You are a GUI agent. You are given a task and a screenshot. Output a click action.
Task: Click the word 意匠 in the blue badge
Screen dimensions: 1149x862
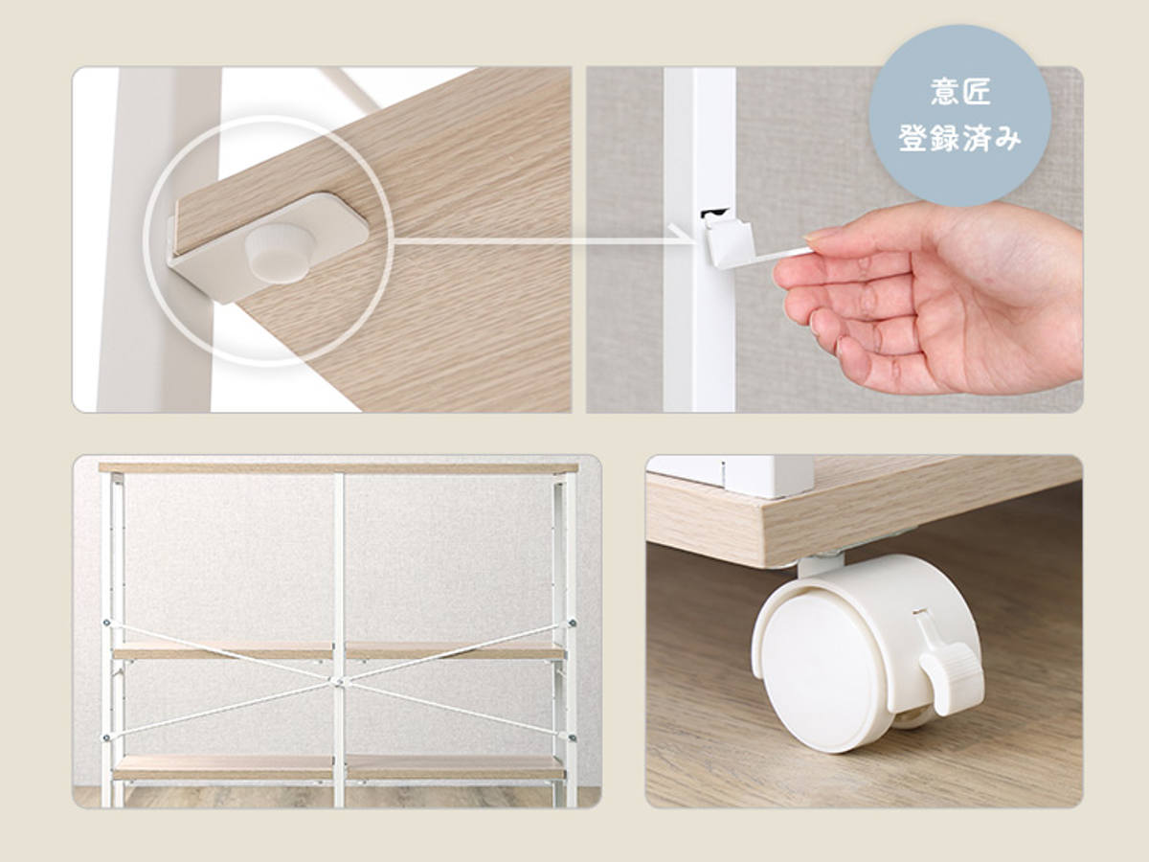[x=960, y=92]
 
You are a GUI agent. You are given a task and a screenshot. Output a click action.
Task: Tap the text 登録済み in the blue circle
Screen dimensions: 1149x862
[x=960, y=139]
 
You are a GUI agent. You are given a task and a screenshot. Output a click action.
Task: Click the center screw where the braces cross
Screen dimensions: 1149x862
[x=339, y=681]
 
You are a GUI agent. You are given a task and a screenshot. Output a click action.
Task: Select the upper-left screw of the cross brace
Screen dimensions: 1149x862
[x=107, y=623]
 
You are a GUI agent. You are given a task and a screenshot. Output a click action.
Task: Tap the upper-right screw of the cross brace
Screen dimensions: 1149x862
[x=573, y=623]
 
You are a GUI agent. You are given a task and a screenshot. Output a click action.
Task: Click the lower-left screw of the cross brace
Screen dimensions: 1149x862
[x=106, y=737]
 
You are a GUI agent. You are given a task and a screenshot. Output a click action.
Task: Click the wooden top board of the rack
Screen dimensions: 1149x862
[x=339, y=468]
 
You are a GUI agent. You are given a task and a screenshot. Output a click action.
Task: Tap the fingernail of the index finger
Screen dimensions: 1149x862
[x=817, y=238]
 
